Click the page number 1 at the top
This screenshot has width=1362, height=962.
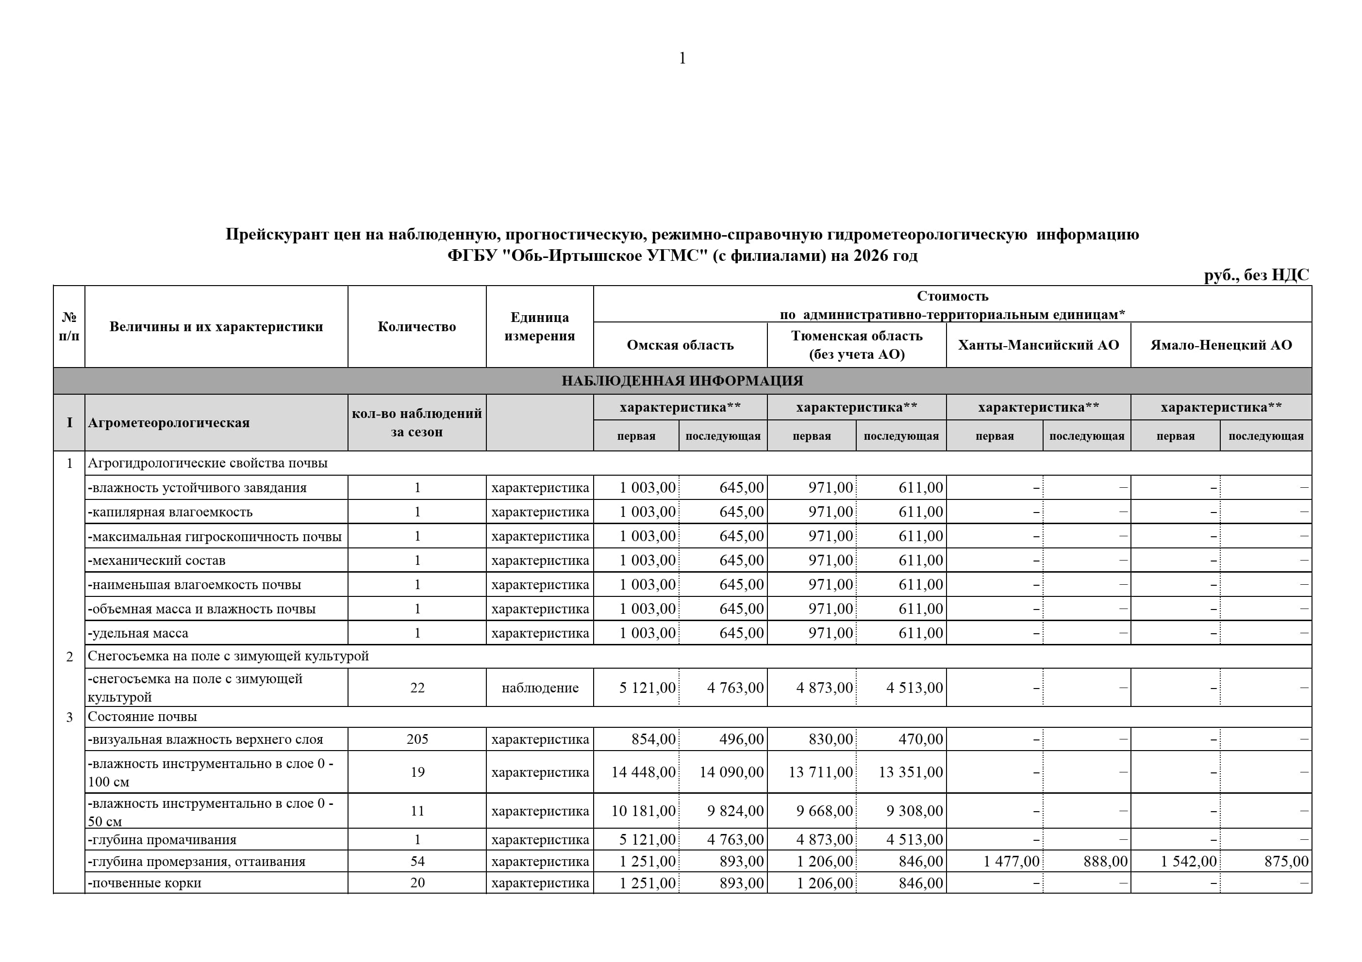[x=682, y=58]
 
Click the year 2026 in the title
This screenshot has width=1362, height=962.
[x=870, y=256]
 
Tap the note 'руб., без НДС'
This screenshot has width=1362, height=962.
[x=1256, y=275]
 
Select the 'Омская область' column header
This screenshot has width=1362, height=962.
[x=680, y=345]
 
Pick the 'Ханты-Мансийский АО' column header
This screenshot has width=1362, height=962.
[x=1038, y=345]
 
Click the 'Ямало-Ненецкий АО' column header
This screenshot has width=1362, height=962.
[x=1221, y=345]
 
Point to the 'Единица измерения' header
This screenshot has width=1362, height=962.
[x=539, y=327]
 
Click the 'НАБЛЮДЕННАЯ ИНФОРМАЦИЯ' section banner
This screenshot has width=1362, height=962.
[x=682, y=381]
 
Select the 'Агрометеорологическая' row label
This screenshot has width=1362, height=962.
[x=168, y=423]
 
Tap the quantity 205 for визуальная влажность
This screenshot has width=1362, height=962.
[x=417, y=739]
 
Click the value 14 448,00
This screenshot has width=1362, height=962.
[x=643, y=772]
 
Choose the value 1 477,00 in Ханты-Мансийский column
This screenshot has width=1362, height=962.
[x=1011, y=861]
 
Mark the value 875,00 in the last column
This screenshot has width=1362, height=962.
[x=1286, y=861]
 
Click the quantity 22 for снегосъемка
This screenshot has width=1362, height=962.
[x=417, y=688]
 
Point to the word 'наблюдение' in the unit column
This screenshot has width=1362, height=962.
[x=540, y=688]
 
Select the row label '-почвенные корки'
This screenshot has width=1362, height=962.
[x=145, y=882]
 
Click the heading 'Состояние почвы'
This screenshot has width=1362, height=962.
[x=142, y=717]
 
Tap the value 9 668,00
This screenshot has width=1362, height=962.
[x=824, y=811]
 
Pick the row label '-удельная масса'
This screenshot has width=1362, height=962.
[x=138, y=633]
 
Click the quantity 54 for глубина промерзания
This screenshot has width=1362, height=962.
[x=417, y=861]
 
